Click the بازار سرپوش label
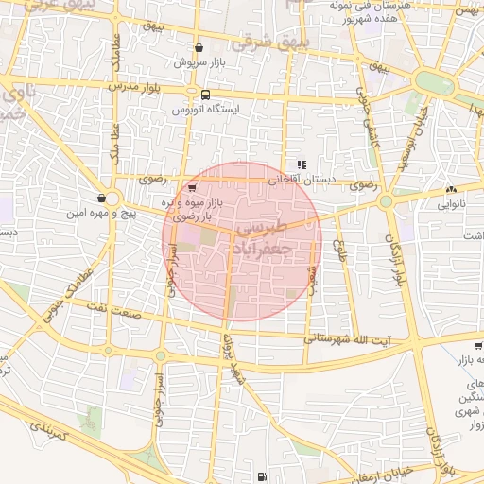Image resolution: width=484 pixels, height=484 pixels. (x=199, y=62)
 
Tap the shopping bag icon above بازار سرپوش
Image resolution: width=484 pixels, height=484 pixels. (x=198, y=48)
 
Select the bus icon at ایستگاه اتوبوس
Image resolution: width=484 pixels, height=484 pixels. (x=205, y=95)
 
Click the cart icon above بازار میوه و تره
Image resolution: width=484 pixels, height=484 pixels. (x=193, y=189)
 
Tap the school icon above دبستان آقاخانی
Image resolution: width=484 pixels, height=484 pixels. (x=302, y=164)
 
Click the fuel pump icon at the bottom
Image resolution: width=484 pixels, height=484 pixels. (x=261, y=476)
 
